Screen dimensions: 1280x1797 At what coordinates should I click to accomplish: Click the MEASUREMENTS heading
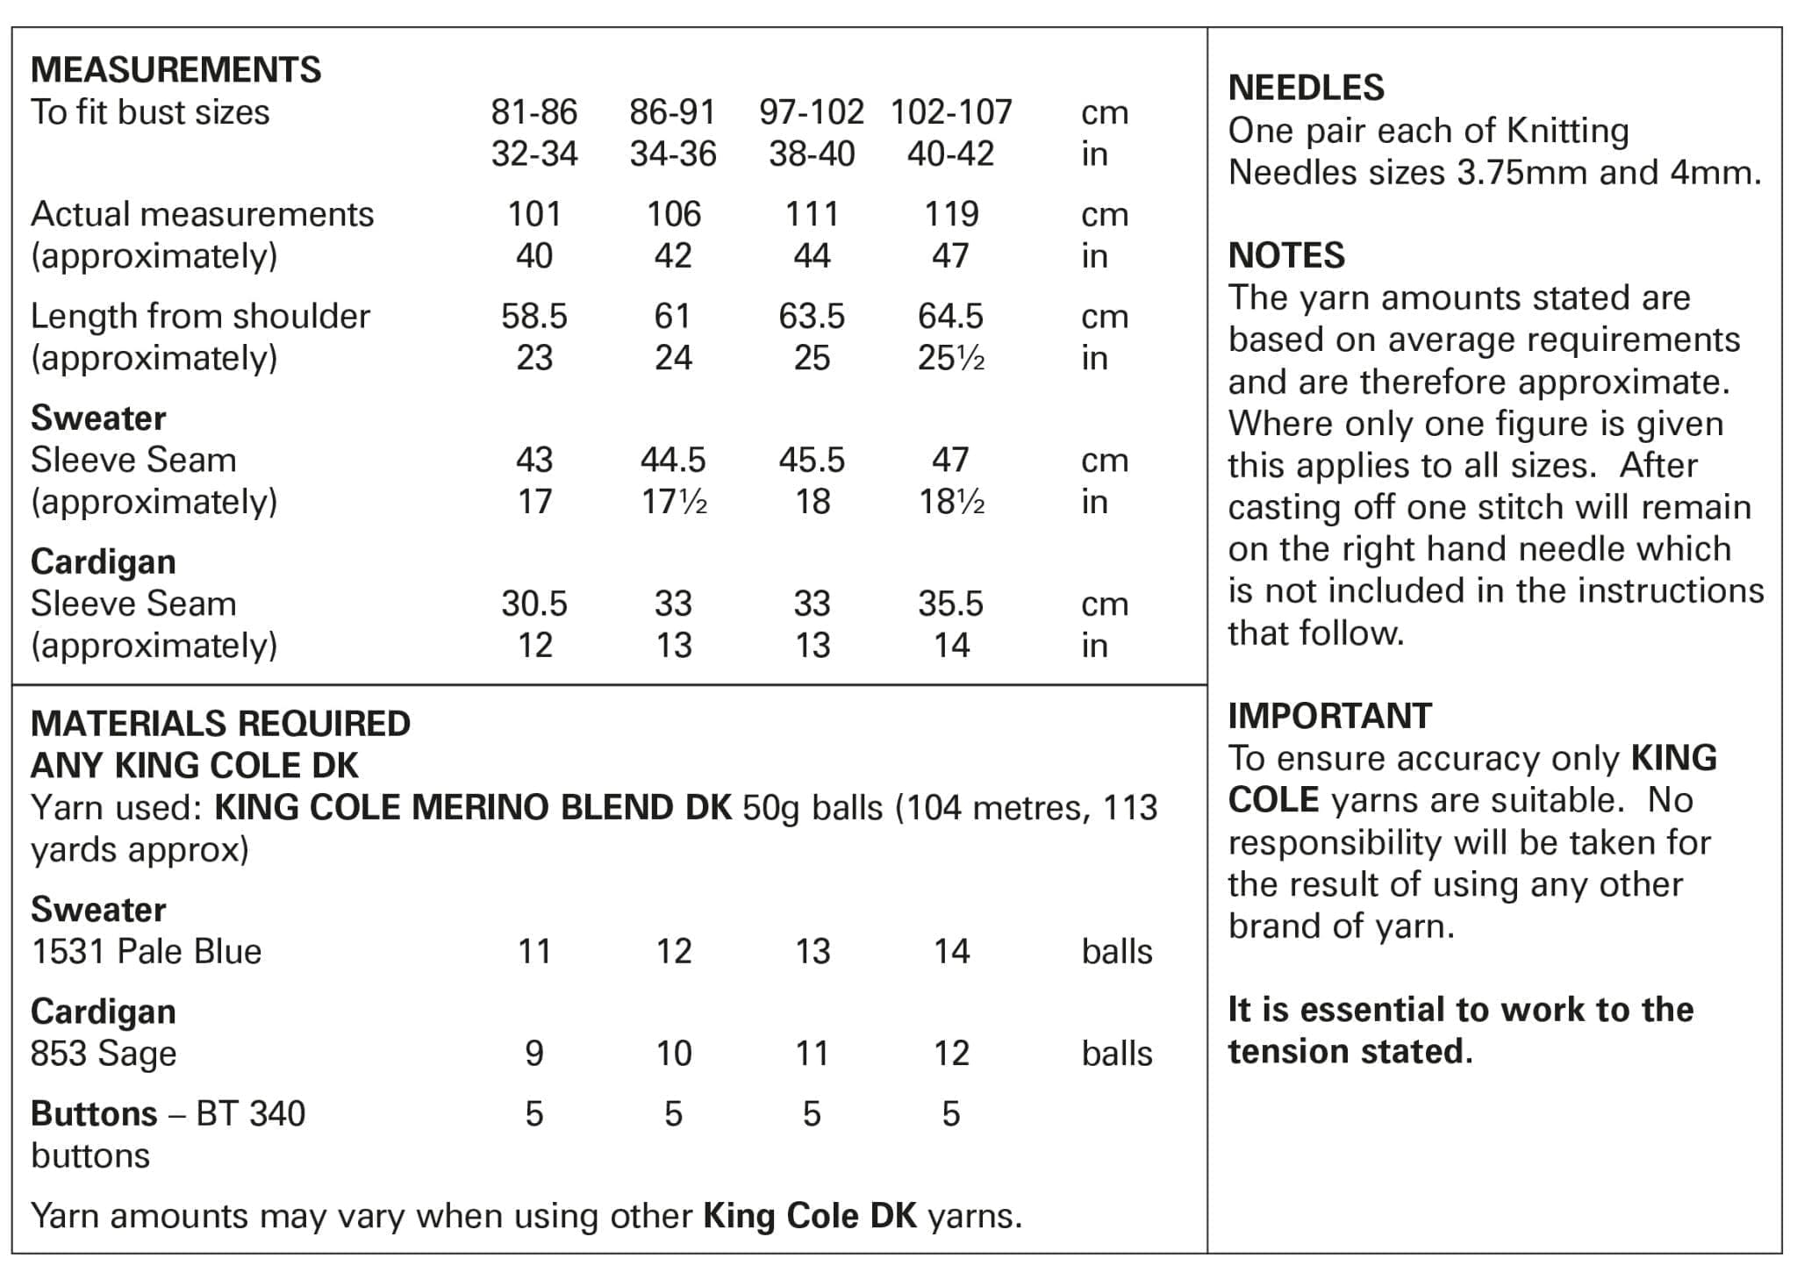coord(175,70)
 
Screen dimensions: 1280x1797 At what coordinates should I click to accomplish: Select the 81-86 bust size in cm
coord(533,112)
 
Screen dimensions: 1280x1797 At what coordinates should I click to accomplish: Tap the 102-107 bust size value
coord(950,112)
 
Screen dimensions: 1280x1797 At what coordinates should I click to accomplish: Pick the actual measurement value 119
coord(951,214)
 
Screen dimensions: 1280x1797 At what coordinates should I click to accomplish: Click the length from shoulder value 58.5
coord(533,316)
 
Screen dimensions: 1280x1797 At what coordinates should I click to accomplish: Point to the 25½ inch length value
coord(951,358)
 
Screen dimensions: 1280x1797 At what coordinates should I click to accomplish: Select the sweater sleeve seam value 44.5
coord(673,460)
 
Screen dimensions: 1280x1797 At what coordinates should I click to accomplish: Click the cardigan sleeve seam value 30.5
coord(533,604)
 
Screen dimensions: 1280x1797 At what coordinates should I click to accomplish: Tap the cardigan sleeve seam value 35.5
coord(951,604)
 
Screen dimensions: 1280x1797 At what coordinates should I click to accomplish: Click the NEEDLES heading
coord(1306,88)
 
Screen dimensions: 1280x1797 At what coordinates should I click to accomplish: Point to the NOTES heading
coord(1285,255)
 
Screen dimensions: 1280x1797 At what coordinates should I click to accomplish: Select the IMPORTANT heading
coord(1329,716)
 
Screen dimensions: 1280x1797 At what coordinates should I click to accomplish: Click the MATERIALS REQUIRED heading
coord(220,724)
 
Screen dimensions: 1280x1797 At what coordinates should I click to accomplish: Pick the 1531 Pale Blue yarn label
coord(147,952)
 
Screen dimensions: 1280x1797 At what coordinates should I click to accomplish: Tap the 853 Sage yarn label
coord(104,1054)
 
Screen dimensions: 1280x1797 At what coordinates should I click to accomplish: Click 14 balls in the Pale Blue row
coord(951,952)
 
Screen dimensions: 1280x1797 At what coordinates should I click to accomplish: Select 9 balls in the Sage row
coord(533,1054)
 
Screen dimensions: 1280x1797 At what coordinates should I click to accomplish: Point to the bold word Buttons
coord(94,1114)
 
